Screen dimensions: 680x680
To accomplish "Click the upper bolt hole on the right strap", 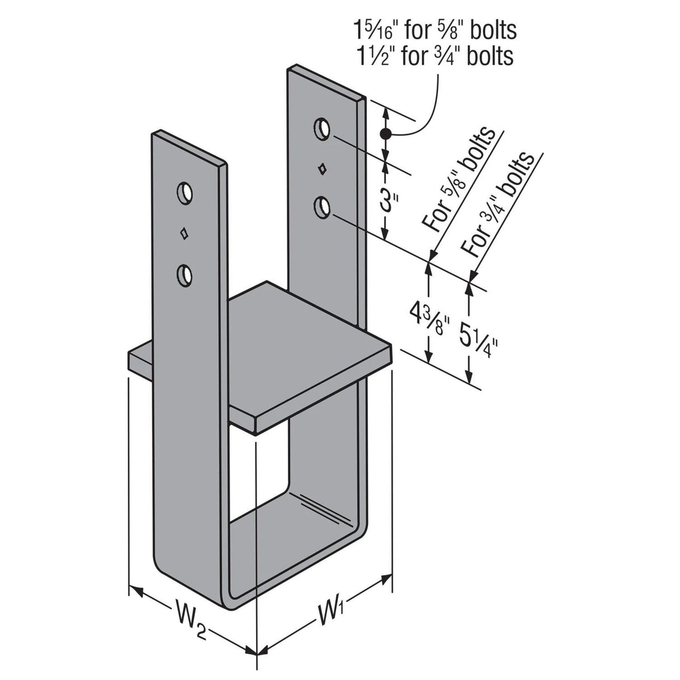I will click(x=322, y=128).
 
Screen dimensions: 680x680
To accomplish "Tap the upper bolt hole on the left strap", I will click(x=183, y=193).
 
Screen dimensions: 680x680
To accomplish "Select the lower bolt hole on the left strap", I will click(x=183, y=274).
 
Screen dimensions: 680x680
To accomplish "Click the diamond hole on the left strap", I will click(x=183, y=234).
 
